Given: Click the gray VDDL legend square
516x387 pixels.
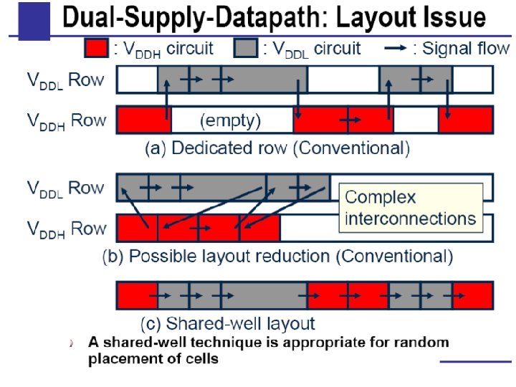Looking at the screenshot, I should [247, 49].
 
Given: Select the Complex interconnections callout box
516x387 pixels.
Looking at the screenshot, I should [411, 208].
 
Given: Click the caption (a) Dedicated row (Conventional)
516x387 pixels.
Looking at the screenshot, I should [277, 149].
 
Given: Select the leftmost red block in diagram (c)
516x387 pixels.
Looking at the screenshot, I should [137, 295].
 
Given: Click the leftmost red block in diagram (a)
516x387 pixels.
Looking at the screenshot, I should [143, 120].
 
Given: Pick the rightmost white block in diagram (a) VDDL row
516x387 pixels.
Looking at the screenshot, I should [472, 79].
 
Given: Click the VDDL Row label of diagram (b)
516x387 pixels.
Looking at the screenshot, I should [66, 188].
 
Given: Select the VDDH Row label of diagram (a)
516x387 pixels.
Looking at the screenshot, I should [66, 120].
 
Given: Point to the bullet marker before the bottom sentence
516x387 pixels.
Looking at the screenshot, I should [72, 343].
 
